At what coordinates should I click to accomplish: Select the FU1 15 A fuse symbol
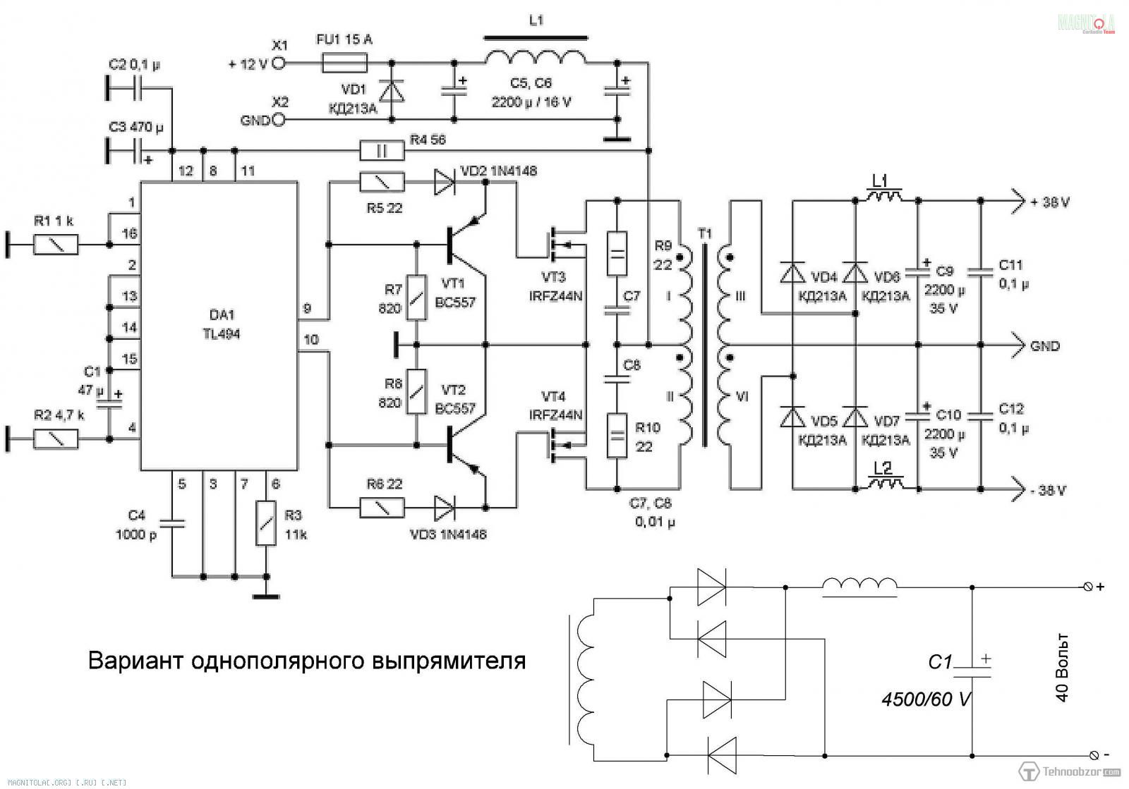click(x=344, y=63)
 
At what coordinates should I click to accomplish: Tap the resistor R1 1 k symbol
click(x=56, y=245)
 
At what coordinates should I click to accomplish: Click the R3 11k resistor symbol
click(x=266, y=522)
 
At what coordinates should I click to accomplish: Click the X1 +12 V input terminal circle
click(x=279, y=63)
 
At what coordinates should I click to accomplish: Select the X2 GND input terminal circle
click(x=279, y=121)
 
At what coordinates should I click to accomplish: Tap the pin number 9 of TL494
click(x=307, y=308)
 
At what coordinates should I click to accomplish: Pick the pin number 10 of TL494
click(x=310, y=340)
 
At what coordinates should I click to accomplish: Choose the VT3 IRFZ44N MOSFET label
click(x=555, y=288)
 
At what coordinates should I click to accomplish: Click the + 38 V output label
click(x=1049, y=202)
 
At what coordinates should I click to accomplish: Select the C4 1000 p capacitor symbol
click(x=171, y=523)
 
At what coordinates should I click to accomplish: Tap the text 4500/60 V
click(x=926, y=699)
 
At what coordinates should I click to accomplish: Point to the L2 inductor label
click(x=882, y=468)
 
